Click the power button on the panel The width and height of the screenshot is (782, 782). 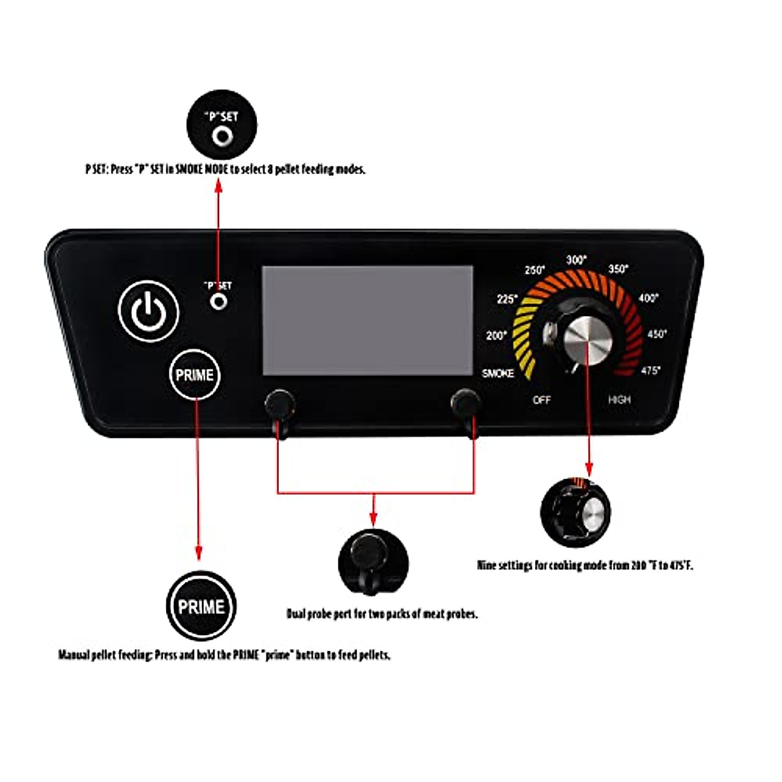[149, 311]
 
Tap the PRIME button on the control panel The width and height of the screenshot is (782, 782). [194, 375]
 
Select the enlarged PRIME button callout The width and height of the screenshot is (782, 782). [201, 607]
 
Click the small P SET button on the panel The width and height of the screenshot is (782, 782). [220, 302]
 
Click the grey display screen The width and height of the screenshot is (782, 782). [367, 320]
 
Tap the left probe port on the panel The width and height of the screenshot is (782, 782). [280, 404]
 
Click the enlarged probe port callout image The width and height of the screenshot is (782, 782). [373, 561]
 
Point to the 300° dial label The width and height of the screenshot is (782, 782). [576, 260]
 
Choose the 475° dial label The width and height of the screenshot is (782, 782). [650, 371]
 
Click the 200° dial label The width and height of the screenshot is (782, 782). [497, 336]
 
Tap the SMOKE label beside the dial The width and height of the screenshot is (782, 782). [498, 373]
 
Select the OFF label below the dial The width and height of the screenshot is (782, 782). [542, 400]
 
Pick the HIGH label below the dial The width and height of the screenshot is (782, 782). [619, 399]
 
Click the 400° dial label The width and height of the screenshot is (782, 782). [648, 298]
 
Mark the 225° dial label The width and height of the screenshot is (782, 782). [507, 299]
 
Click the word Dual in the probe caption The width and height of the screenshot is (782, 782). [297, 614]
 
